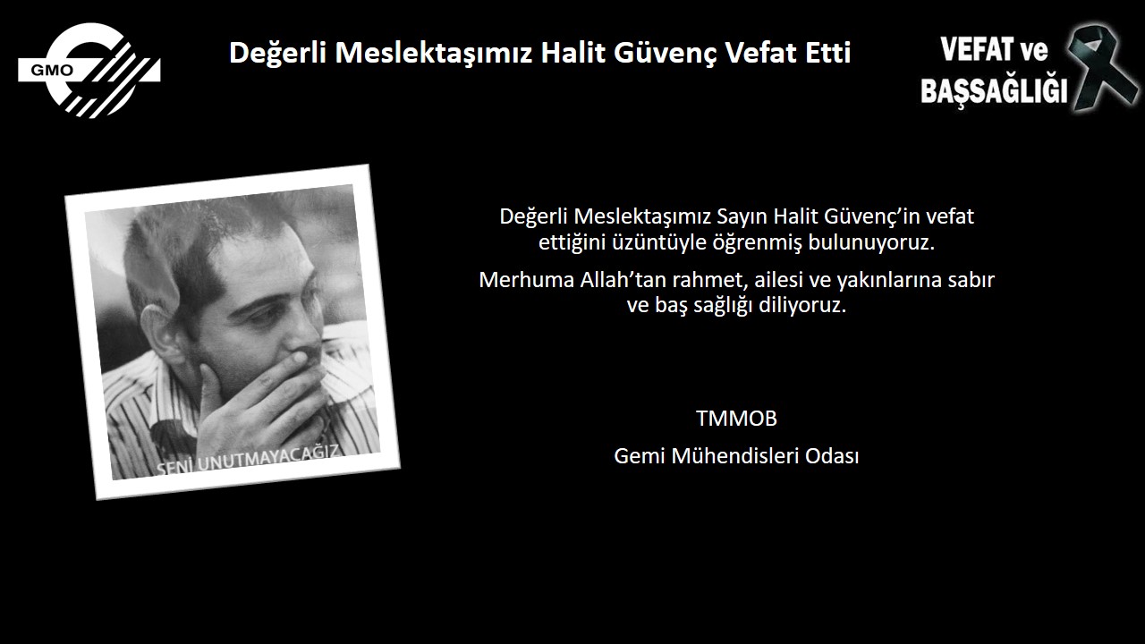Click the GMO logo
pos(89,70)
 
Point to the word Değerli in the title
pos(277,53)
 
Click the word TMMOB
pos(736,418)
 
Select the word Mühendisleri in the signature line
pos(735,455)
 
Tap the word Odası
pos(832,455)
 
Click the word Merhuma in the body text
pos(526,280)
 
